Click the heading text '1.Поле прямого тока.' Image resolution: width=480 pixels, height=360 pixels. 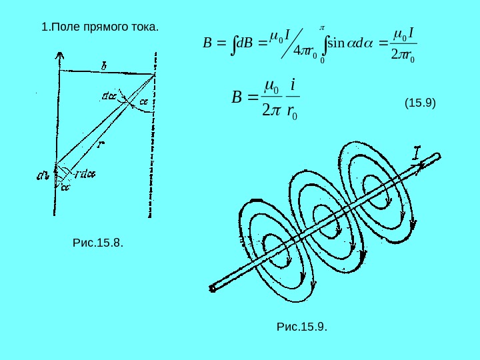point(100,28)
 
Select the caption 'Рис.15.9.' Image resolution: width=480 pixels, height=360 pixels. point(301,326)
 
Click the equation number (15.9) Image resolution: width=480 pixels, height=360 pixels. point(420,103)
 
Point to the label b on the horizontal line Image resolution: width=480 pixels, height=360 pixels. point(104,65)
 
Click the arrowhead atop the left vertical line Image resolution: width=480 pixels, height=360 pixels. point(61,55)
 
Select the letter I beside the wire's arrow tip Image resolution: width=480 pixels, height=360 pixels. point(417,154)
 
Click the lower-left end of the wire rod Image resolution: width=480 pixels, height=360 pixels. point(213,288)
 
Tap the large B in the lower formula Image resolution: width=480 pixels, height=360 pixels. point(237,99)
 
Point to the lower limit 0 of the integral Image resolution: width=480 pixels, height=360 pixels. point(322,61)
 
